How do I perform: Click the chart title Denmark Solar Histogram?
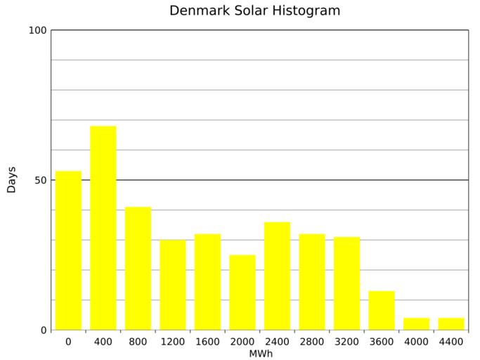pos(254,11)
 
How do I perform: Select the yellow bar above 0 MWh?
pos(68,250)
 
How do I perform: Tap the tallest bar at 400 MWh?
pos(103,228)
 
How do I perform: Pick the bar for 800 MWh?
pos(138,268)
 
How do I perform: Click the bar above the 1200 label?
pos(173,285)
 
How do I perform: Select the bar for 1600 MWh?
pos(207,281)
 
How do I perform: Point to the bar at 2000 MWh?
pos(242,292)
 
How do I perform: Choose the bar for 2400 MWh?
pos(277,276)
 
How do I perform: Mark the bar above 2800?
pos(312,281)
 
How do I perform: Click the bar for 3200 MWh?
pos(346,283)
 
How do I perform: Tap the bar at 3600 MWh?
pos(382,310)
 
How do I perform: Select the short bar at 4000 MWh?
pos(416,324)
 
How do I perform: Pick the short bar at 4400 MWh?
pos(451,324)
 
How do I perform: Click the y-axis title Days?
pos(11,180)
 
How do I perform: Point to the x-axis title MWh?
pos(260,354)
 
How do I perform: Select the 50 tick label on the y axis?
pos(40,180)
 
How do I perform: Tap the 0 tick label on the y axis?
pos(43,330)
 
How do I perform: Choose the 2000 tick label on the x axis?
pos(242,342)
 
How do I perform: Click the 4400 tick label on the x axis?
pos(451,342)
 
